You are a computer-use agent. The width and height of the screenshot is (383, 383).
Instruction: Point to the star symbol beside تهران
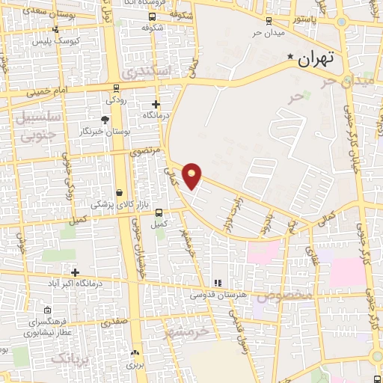click(x=291, y=57)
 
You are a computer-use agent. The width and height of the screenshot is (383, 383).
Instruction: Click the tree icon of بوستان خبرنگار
click(x=105, y=119)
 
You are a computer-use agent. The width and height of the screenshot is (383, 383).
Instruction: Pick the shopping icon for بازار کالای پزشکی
click(x=120, y=191)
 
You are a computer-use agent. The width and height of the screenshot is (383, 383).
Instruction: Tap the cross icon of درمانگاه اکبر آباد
click(x=74, y=272)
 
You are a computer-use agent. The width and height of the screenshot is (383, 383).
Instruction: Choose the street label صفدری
click(x=114, y=322)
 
